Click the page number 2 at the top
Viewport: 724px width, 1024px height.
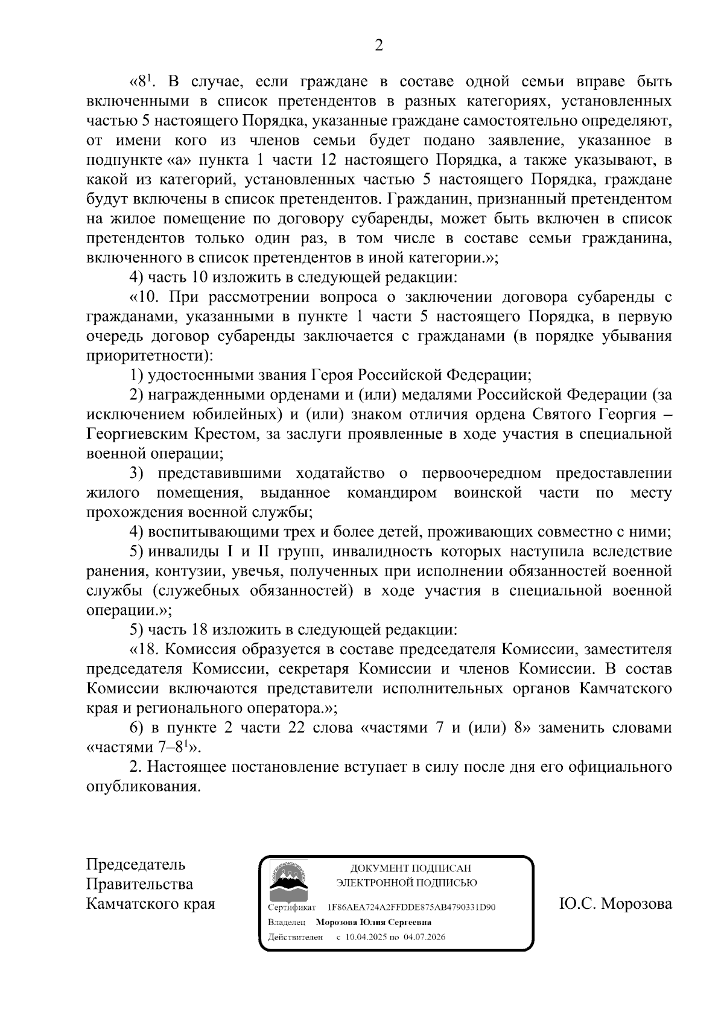click(379, 45)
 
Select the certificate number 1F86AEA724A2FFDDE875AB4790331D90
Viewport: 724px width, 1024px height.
click(411, 907)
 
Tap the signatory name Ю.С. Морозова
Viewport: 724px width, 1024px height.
click(615, 904)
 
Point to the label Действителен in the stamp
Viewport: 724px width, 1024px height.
click(296, 937)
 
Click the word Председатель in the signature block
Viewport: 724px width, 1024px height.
click(136, 865)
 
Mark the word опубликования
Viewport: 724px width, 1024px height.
click(142, 787)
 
